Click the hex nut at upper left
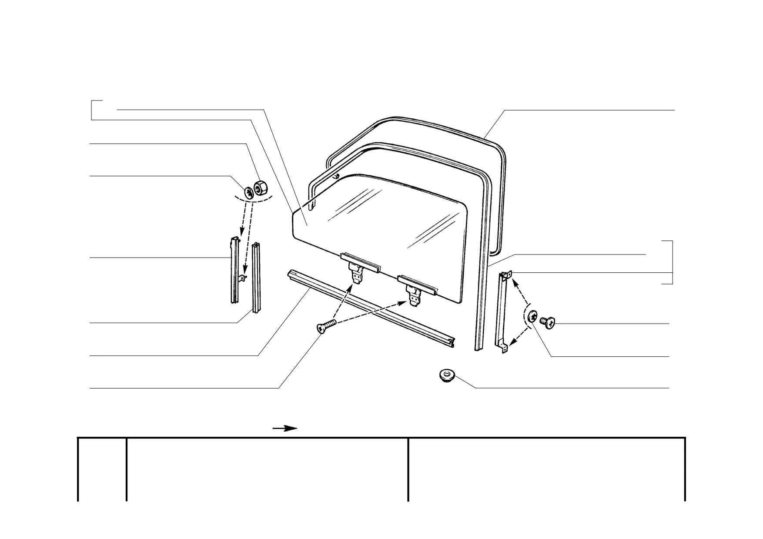260,188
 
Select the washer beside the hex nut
249,192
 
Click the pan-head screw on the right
547,322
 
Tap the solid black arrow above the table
285,429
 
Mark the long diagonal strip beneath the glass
370,309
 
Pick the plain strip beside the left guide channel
257,277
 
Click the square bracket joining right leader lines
672,262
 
